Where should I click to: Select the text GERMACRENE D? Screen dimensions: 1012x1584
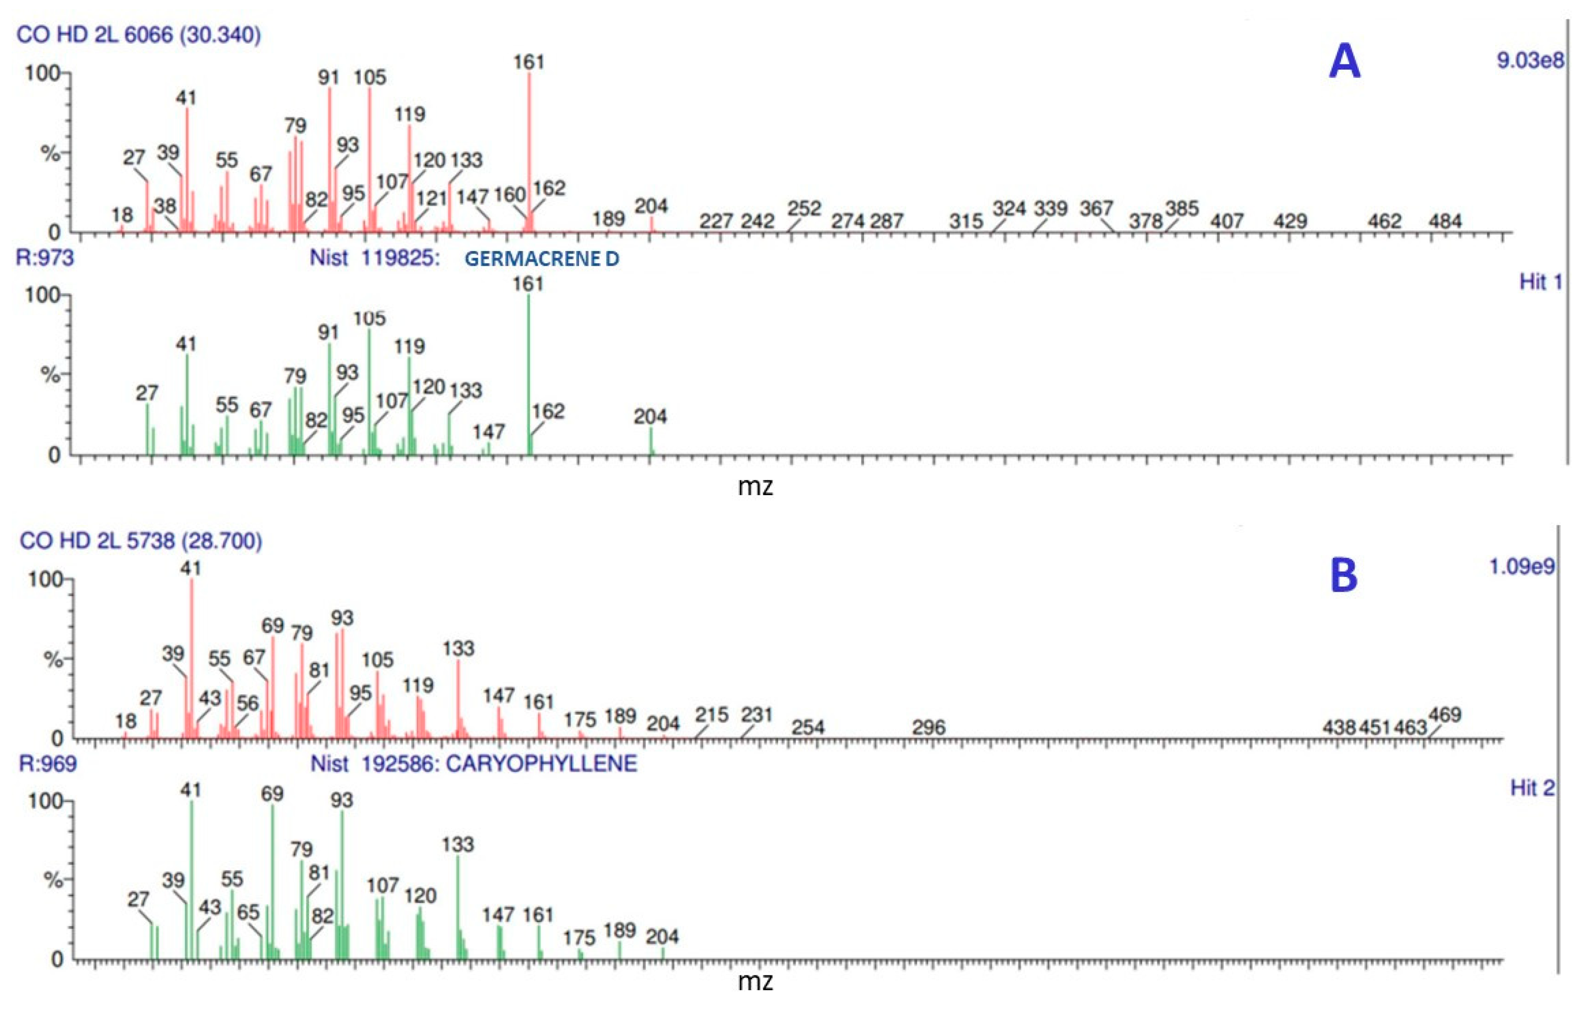[x=541, y=259]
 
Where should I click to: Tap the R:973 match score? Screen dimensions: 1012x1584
[x=45, y=257]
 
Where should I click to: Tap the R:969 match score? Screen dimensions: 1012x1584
[x=47, y=763]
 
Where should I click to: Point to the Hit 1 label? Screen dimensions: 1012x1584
[x=1540, y=282]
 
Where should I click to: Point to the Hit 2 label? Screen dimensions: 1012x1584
[x=1532, y=788]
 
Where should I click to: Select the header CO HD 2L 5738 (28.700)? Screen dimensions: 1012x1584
[x=141, y=541]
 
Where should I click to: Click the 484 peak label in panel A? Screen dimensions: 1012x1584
[x=1445, y=221]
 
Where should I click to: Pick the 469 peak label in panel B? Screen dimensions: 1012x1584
[x=1445, y=714]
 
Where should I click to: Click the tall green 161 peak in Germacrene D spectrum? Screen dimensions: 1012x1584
[x=528, y=375]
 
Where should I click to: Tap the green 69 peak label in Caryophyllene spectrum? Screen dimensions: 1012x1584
[x=272, y=793]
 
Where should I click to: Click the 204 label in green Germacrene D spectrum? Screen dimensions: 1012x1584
[x=650, y=416]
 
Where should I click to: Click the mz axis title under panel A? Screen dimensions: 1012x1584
[x=755, y=487]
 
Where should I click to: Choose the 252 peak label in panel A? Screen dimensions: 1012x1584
[x=804, y=208]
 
